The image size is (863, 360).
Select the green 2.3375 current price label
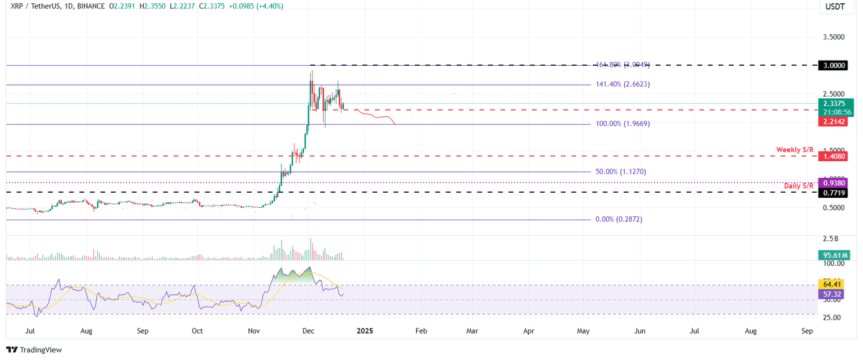834,103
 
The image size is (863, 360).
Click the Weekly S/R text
794,149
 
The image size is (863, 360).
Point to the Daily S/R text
799,185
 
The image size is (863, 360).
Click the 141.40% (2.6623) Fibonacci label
623,84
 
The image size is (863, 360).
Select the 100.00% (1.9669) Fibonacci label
623,123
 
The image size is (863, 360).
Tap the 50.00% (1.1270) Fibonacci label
620,171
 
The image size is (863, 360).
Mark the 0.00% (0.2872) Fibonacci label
619,219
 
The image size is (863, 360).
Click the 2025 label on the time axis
365,331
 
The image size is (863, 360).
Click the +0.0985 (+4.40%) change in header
255,6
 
